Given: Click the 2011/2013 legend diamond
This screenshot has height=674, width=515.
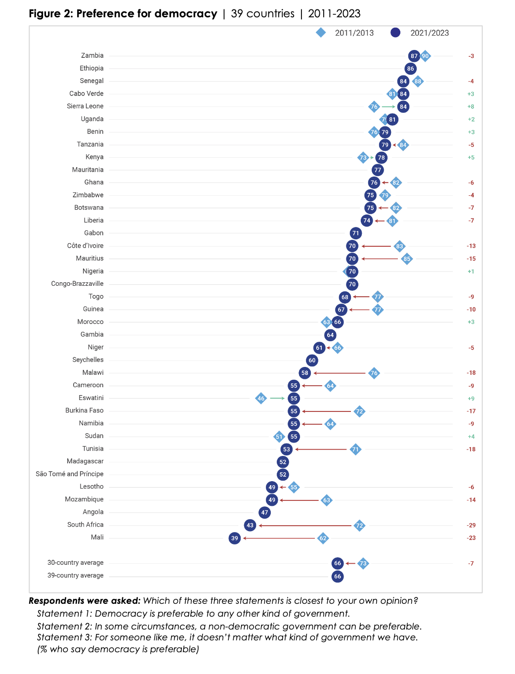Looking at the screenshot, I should (x=321, y=33).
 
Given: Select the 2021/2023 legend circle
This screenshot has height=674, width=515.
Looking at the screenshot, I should (x=395, y=33).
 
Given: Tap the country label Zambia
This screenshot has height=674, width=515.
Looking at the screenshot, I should (x=92, y=55).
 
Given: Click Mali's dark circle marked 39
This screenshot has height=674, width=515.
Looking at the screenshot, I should (x=235, y=538).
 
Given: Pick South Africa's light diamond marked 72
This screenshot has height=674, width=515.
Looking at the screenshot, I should (x=359, y=525).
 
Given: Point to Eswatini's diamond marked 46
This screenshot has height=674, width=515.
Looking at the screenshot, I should (x=261, y=398).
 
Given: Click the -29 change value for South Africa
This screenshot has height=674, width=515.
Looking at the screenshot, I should (x=471, y=525).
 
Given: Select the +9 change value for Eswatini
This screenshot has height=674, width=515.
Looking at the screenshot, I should (x=471, y=399).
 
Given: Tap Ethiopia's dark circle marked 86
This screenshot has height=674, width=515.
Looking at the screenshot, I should (x=410, y=69).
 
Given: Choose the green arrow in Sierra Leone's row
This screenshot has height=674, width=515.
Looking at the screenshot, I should (x=388, y=106).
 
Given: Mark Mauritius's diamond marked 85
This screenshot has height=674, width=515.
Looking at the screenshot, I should (x=407, y=259).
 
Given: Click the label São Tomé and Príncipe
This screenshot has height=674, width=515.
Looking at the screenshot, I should (x=70, y=474).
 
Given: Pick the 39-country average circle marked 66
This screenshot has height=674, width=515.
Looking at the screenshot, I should (x=338, y=576).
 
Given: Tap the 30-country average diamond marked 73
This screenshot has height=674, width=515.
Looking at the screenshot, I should (x=363, y=563).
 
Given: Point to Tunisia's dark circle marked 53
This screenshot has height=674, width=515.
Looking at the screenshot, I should (x=287, y=449).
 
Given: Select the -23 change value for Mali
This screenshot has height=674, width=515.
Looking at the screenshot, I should (x=471, y=538).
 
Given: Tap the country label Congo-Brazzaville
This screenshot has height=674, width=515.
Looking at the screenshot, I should (x=77, y=284).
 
